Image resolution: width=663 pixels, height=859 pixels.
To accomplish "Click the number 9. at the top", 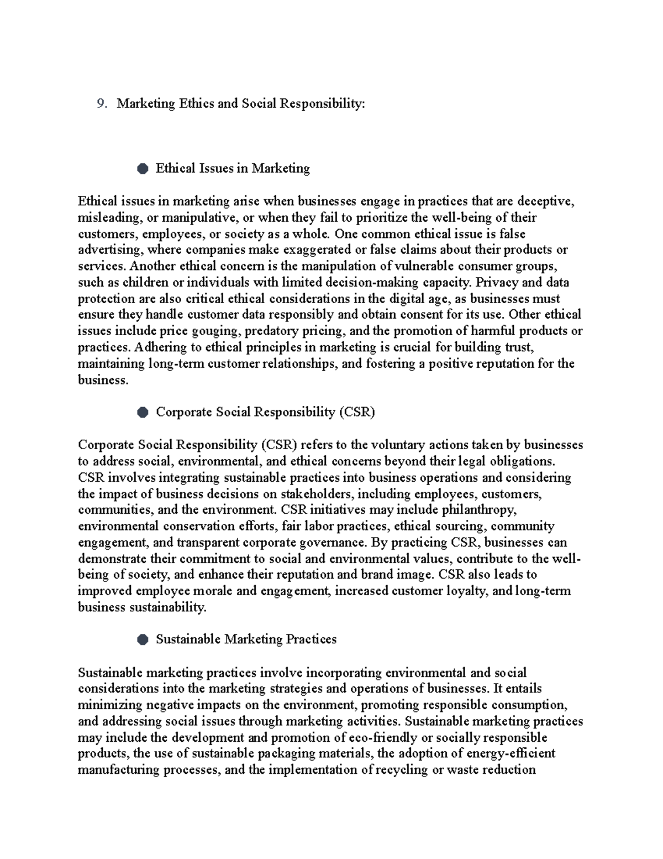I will (x=101, y=104).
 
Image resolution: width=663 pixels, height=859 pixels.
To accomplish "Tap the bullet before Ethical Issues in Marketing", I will (x=143, y=169).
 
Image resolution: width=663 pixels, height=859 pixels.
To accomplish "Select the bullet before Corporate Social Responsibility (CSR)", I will (x=143, y=413).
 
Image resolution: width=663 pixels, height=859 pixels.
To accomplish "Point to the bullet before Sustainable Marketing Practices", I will (x=143, y=640).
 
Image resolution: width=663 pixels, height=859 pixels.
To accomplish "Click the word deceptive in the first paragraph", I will (x=548, y=201).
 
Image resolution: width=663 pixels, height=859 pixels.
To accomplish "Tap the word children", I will (x=134, y=283).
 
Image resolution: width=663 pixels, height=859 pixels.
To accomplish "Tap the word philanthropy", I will (x=480, y=510).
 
